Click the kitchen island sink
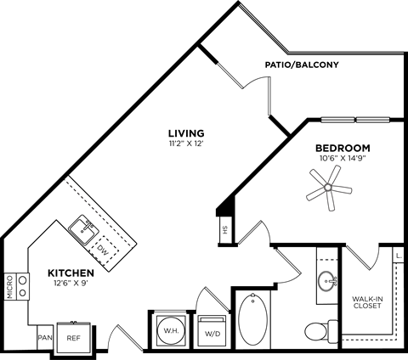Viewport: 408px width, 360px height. point(83,227)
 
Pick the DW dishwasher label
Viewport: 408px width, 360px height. point(103,250)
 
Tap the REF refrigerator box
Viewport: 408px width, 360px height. point(74,337)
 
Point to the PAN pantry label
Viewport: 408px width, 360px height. point(44,337)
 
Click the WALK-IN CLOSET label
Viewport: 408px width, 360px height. point(368,301)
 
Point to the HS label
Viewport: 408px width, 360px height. point(225,230)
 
